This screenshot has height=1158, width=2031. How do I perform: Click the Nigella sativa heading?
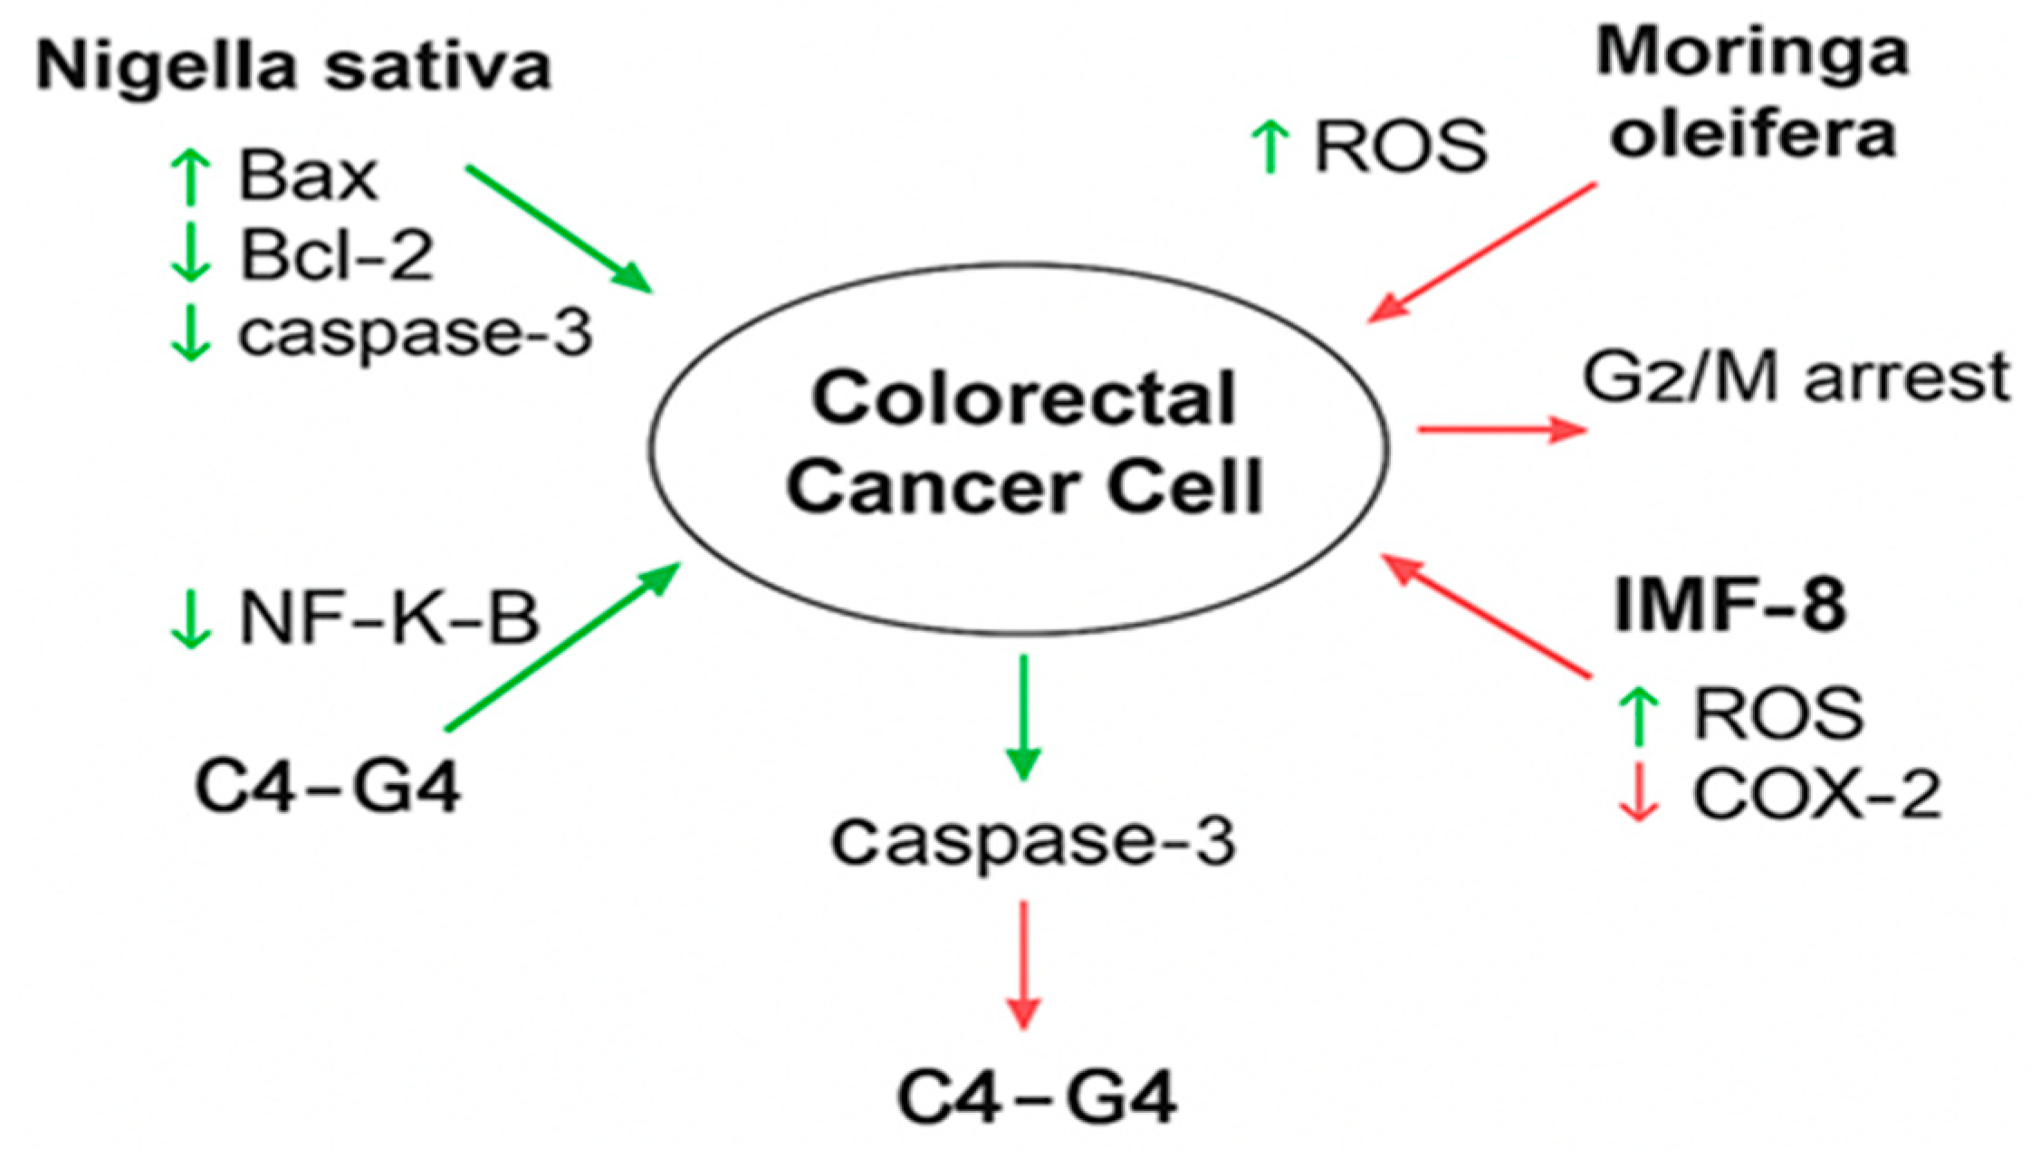(293, 67)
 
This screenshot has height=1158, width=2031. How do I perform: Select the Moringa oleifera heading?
(1752, 95)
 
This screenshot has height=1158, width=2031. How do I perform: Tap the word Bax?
(308, 177)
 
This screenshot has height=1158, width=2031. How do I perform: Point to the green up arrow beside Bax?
(190, 177)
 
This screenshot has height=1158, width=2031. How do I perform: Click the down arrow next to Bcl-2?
(190, 254)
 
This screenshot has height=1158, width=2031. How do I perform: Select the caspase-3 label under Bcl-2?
(415, 333)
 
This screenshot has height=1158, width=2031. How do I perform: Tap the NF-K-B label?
(389, 619)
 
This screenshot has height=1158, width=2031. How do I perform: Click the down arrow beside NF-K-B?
(190, 619)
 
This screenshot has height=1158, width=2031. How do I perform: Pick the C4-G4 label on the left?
(328, 787)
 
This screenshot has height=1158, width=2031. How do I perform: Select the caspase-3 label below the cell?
(1033, 840)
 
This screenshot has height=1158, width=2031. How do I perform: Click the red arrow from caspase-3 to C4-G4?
(1023, 964)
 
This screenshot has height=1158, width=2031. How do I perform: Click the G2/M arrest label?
(1796, 377)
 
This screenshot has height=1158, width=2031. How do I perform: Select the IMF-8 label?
(1729, 605)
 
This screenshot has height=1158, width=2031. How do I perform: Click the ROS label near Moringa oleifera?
(1400, 146)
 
